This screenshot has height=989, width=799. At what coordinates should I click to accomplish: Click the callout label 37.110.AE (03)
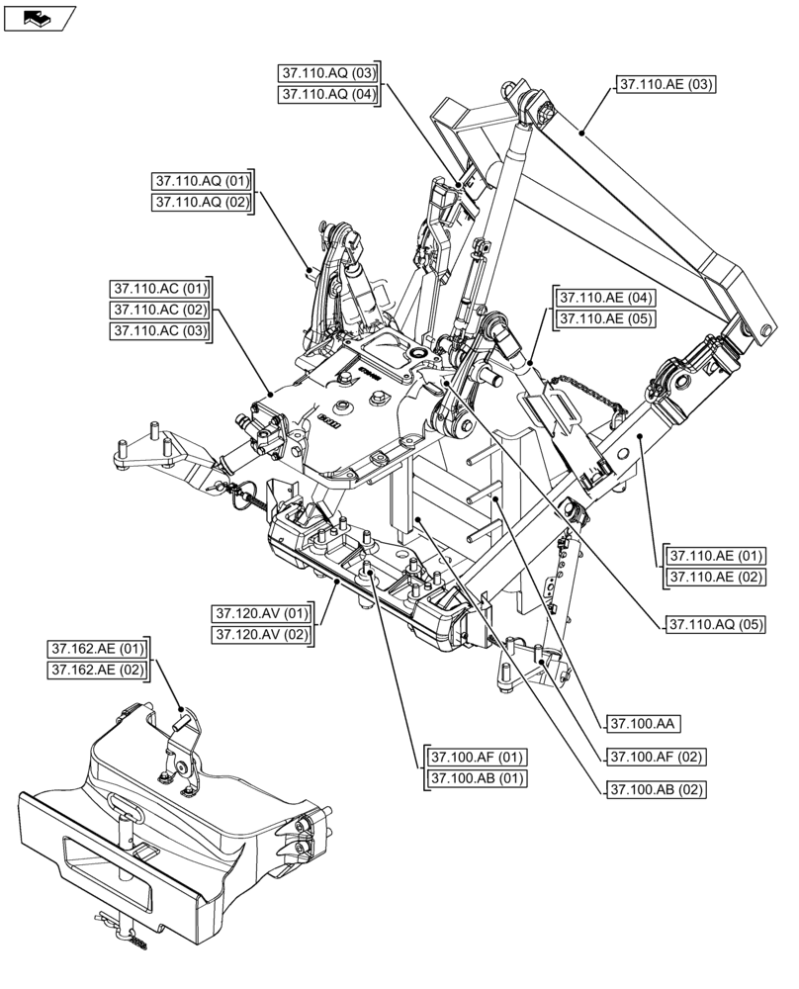tap(666, 85)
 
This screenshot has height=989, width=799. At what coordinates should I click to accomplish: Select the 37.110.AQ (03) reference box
tap(328, 73)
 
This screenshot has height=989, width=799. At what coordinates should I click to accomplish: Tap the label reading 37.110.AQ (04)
tap(328, 95)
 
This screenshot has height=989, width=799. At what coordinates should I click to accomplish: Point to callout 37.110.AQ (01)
tap(202, 181)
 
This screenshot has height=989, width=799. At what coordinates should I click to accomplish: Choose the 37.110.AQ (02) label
tap(202, 203)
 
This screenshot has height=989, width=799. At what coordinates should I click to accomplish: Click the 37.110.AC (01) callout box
tap(160, 289)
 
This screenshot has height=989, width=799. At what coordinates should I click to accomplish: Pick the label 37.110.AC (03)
tap(160, 331)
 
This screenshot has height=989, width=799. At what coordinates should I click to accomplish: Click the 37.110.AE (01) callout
tap(716, 556)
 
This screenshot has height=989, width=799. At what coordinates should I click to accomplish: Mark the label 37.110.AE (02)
tap(716, 578)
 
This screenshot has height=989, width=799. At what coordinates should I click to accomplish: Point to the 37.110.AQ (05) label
tap(716, 625)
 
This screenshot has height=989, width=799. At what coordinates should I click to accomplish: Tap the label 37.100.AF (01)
tap(477, 758)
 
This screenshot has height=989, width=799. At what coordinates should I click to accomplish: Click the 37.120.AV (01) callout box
tap(259, 612)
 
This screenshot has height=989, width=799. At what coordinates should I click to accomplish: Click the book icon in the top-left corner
tap(40, 17)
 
